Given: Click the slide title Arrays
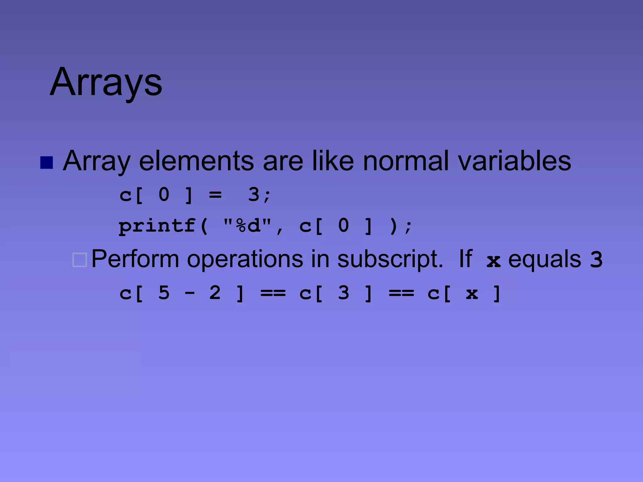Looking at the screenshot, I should (x=106, y=82).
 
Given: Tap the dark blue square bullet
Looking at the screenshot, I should (x=46, y=163).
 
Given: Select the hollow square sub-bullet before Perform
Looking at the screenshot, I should (x=79, y=260).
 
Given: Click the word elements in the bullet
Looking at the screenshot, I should (x=196, y=161).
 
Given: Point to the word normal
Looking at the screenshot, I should (x=406, y=161).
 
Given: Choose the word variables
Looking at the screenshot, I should (x=514, y=161).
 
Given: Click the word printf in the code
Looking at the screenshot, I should (x=157, y=226).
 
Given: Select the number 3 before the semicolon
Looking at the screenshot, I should (x=254, y=194).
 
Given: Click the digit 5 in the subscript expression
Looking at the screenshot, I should (x=164, y=293).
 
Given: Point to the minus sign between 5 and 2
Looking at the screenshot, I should (x=190, y=293).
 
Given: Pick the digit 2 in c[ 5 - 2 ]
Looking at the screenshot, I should (x=215, y=293).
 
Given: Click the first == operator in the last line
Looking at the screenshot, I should (x=273, y=293).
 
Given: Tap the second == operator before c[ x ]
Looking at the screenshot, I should (x=401, y=293).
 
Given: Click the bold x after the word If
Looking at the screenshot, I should (x=493, y=261).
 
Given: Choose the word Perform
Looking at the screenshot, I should (x=135, y=259).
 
